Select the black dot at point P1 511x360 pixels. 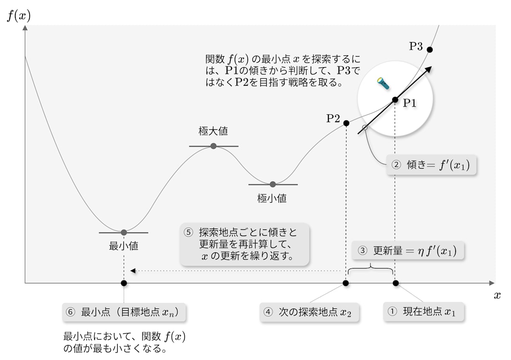tap(395, 100)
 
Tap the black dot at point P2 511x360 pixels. tap(346, 123)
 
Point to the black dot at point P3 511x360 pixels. tap(429, 50)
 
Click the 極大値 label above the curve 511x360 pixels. tap(213, 131)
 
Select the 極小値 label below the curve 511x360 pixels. tap(272, 198)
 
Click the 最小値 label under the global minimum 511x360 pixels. tap(123, 246)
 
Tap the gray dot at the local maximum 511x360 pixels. tap(213, 146)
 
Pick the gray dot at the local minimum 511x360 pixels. tap(273, 184)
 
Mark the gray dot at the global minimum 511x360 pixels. tap(123, 232)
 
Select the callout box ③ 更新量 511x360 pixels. tap(408, 251)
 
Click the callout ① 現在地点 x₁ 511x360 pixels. tap(423, 312)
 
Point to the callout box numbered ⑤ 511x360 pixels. tap(244, 245)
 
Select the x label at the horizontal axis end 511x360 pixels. tap(497, 296)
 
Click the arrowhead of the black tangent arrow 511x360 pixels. tap(428, 69)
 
